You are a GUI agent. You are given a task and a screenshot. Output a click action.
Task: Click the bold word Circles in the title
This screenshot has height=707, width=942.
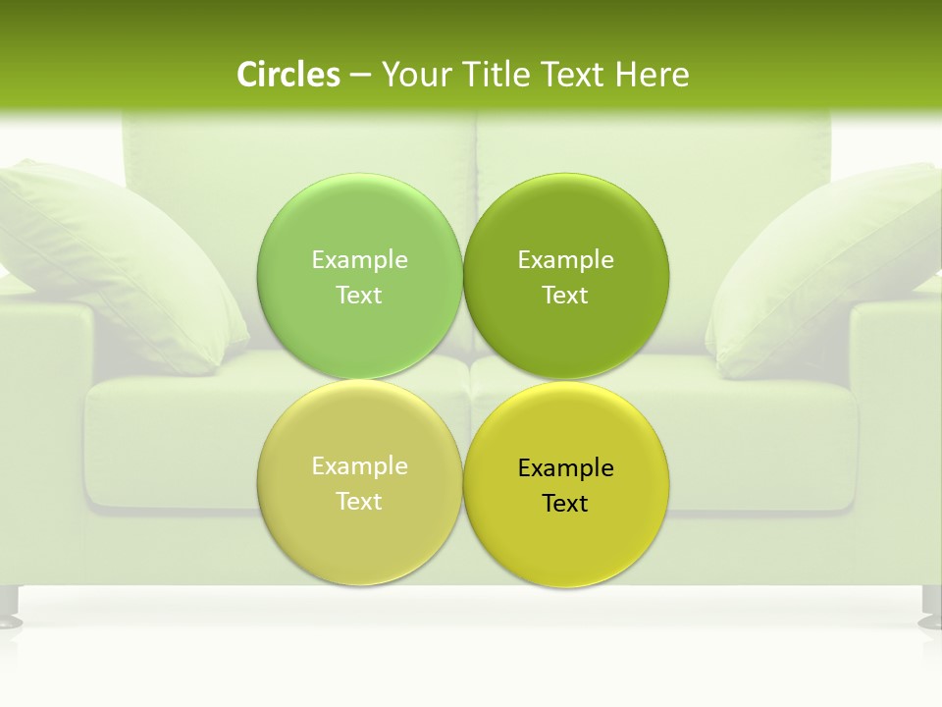click(x=288, y=74)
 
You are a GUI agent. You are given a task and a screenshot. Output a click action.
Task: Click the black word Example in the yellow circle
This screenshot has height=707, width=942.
click(x=566, y=467)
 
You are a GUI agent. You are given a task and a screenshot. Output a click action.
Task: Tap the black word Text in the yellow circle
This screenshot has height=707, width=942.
click(x=565, y=503)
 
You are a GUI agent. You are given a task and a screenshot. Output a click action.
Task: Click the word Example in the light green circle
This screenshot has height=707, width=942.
click(x=359, y=259)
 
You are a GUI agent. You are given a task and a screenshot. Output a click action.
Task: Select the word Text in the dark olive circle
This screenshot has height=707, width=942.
click(x=565, y=295)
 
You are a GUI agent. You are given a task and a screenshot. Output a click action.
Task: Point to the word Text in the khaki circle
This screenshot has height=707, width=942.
click(x=359, y=501)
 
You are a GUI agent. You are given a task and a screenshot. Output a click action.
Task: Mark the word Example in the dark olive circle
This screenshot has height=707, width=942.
click(x=566, y=259)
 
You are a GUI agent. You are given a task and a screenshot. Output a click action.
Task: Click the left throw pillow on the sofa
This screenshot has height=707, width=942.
click(x=108, y=260)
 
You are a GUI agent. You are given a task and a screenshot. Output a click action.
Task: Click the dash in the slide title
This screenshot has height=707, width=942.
click(x=360, y=75)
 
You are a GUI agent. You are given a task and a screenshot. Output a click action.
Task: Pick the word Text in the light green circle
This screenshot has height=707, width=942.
click(x=359, y=295)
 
